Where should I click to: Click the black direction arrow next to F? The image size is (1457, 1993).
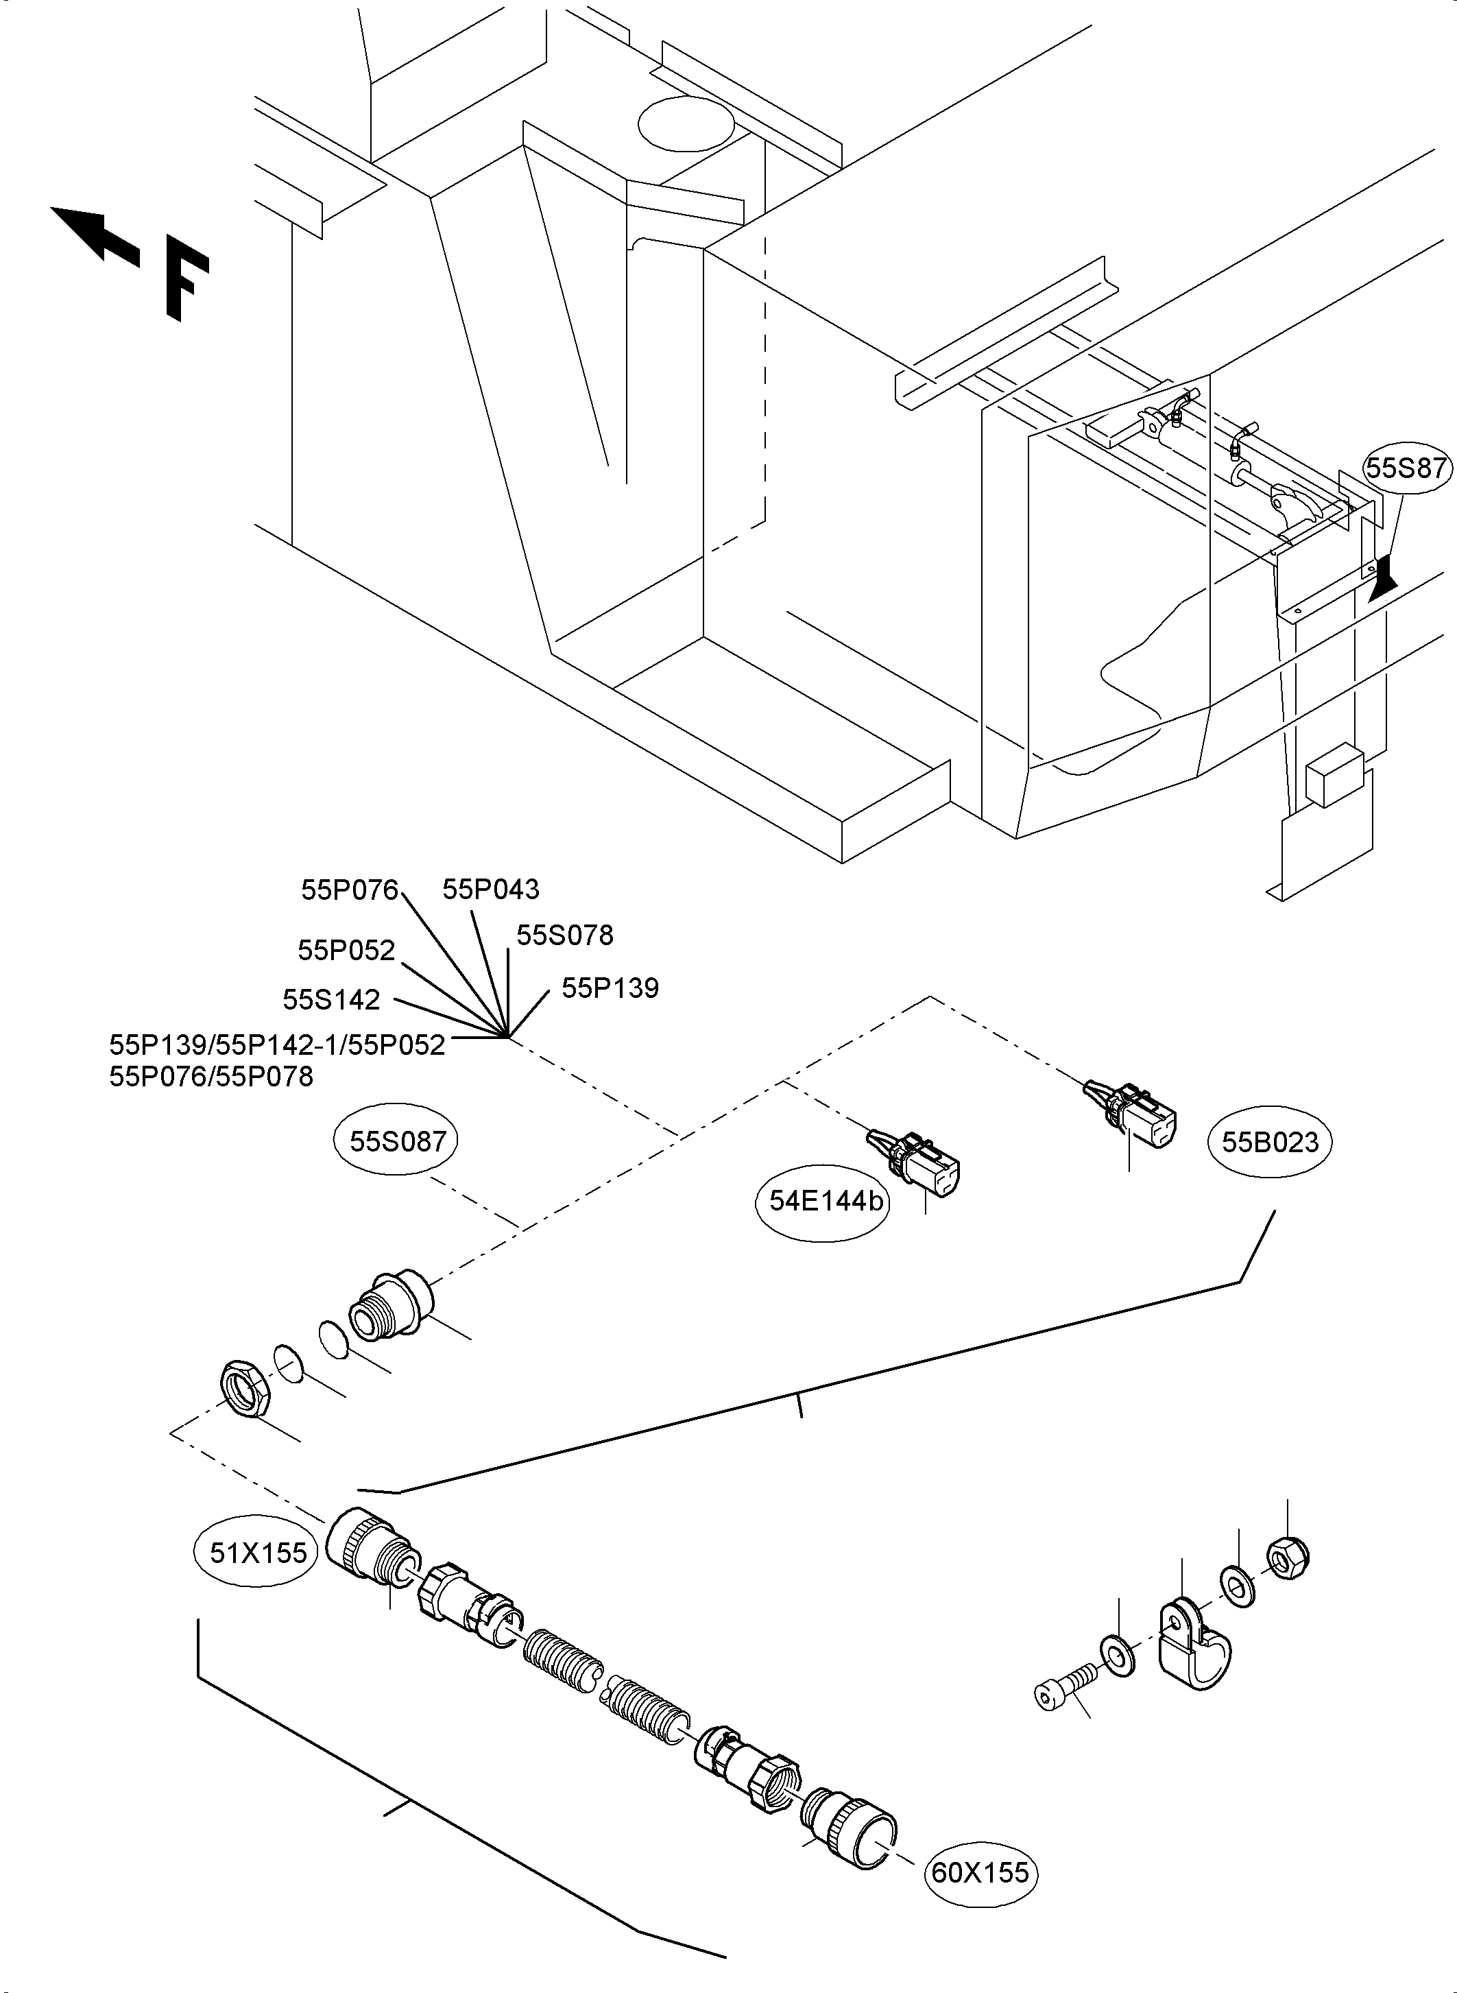coord(93,234)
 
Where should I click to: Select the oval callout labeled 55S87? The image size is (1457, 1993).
coord(1408,468)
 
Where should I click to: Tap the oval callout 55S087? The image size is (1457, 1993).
coord(397,1142)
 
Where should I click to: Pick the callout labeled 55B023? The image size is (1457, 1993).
coord(1270,1143)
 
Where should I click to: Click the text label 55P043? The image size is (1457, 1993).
coord(490,890)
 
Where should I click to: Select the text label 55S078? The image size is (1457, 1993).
coord(564,935)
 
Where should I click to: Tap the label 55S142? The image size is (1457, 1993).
coord(330,1000)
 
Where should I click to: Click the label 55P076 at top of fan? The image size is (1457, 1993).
coord(349,890)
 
